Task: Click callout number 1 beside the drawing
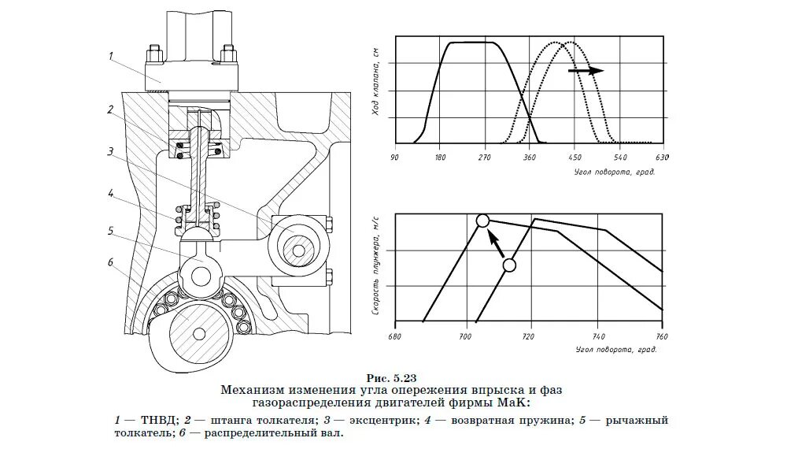pos(111,56)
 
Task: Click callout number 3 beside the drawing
pos(111,151)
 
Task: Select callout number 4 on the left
pos(111,193)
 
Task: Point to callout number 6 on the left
pos(111,263)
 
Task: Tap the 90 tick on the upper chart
pos(393,157)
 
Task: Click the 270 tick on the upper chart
pos(484,157)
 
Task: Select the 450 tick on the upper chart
pos(575,157)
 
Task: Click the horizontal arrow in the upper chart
pos(586,70)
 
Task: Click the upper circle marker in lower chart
pos(483,221)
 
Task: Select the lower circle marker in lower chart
pos(509,265)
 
